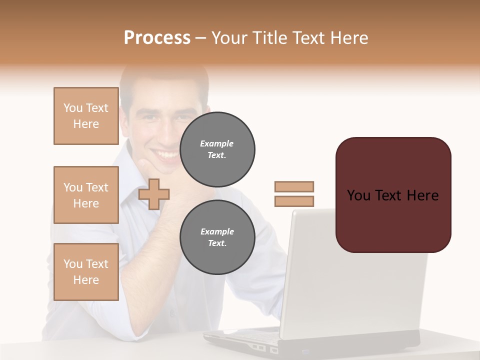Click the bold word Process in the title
[157, 37]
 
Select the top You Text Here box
[86, 116]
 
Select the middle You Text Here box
[86, 195]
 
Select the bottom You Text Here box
[86, 272]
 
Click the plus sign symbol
[154, 194]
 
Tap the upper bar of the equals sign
[294, 186]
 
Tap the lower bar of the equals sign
[294, 201]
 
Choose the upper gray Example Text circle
[217, 149]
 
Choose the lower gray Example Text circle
[217, 237]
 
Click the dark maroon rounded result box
[393, 220]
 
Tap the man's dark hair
[165, 75]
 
